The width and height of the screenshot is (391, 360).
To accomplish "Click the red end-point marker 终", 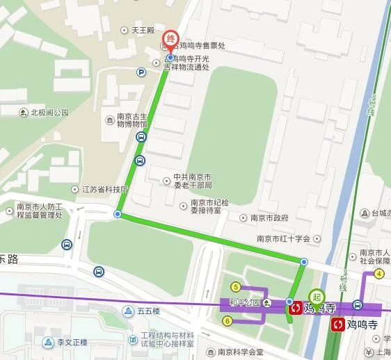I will (x=170, y=40).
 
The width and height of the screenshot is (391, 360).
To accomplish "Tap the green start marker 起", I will (x=317, y=298).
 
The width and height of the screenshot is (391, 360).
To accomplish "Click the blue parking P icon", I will (x=141, y=72).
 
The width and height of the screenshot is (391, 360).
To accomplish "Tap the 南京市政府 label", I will (x=269, y=218).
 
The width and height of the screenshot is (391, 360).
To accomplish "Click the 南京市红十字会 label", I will (x=282, y=238).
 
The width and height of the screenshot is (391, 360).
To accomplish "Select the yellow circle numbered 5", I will (x=236, y=287).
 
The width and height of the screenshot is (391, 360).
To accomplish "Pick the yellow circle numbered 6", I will (x=227, y=320).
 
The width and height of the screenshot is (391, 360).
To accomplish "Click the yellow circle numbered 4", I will (x=379, y=274).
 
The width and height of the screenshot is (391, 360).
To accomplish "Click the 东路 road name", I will (x=9, y=259).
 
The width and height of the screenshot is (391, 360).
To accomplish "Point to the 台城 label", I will (x=378, y=213).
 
